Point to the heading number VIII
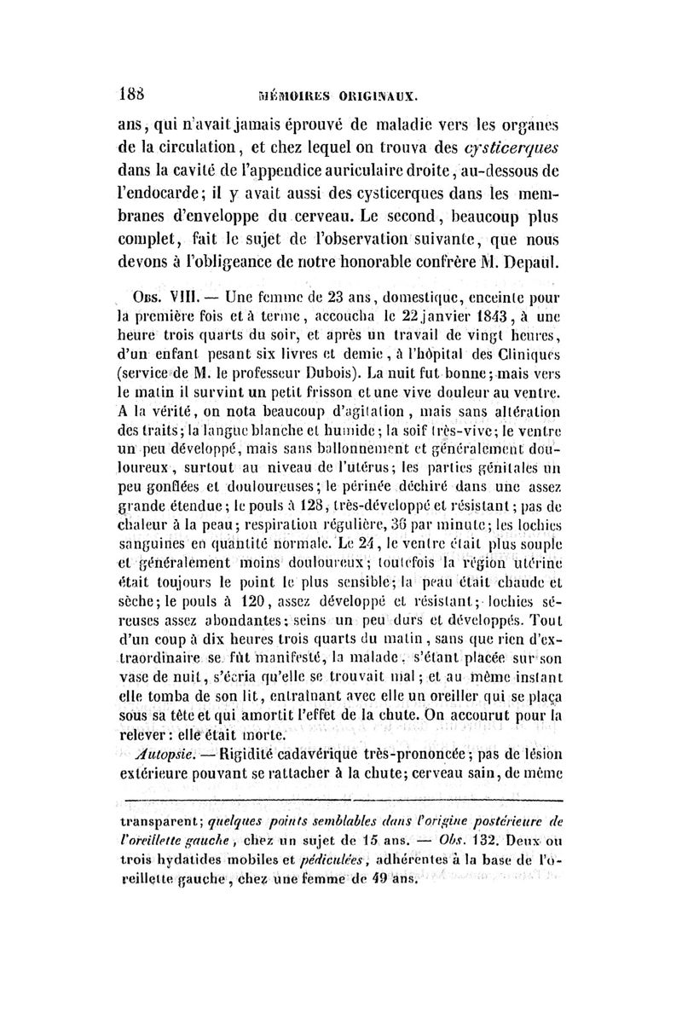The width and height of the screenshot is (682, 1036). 186,301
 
